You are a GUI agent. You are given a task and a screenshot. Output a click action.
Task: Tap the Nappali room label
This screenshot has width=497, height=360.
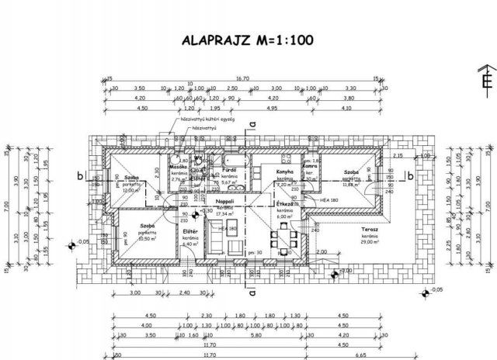tap(225, 201)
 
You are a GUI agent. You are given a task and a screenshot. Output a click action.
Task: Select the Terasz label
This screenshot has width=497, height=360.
tap(358, 232)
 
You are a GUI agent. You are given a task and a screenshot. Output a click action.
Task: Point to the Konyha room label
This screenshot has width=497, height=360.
tap(283, 171)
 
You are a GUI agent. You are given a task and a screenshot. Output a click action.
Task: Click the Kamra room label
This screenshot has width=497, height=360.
tap(310, 168)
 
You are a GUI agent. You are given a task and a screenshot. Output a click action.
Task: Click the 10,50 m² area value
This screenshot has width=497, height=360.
tap(148, 239)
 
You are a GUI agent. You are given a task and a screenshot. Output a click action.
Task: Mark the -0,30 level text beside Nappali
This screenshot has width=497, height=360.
tap(207, 210)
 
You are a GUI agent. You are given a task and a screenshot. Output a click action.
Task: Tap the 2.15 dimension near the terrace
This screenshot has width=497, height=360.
tap(397, 156)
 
